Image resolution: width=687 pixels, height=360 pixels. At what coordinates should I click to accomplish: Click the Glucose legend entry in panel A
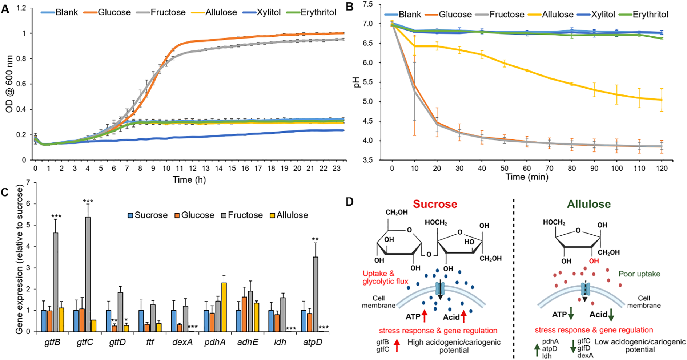[114, 12]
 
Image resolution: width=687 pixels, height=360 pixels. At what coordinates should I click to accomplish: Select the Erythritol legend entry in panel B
[650, 15]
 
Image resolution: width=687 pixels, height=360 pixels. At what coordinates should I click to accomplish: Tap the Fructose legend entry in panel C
[245, 215]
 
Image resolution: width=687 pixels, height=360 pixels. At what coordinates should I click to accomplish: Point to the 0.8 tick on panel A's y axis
[24, 58]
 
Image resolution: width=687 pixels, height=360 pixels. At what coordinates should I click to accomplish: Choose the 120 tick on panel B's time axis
[662, 168]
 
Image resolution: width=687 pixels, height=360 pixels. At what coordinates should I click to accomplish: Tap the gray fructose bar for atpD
[316, 294]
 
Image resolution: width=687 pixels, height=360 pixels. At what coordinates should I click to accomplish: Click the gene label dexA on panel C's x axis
[182, 342]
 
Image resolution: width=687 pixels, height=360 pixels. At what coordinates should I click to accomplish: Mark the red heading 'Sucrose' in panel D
[435, 204]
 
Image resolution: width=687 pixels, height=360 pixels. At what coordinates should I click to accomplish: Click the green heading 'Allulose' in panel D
[588, 204]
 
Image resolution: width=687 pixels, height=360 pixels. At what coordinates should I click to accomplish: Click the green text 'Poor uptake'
[639, 274]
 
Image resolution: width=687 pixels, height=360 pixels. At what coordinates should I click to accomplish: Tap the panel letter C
[5, 192]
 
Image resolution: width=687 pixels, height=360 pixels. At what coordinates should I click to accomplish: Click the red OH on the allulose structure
[594, 261]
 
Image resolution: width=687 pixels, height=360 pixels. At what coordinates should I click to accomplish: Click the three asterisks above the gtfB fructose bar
[56, 217]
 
